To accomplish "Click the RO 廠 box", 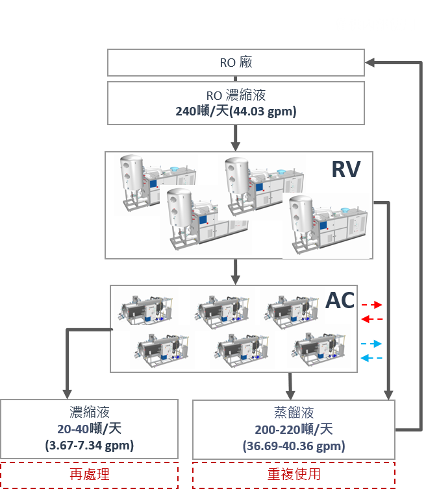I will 236,63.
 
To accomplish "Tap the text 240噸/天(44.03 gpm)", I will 236,112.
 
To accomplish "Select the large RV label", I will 345,169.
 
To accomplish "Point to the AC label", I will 340,300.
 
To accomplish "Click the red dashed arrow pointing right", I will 372,305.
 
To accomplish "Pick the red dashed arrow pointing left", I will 372,319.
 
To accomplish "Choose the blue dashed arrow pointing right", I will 372,344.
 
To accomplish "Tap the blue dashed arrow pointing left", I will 372,358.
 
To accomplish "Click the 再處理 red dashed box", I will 90,474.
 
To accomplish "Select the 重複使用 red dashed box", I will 294,474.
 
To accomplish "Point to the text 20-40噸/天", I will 90,429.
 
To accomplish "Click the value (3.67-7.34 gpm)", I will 90,446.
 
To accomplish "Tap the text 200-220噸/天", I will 294,429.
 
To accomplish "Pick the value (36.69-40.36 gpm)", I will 294,446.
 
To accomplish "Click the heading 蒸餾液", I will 294,413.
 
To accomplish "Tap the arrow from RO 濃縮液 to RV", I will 236,138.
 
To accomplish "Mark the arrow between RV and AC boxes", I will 236,272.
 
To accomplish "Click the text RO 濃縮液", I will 236,95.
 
